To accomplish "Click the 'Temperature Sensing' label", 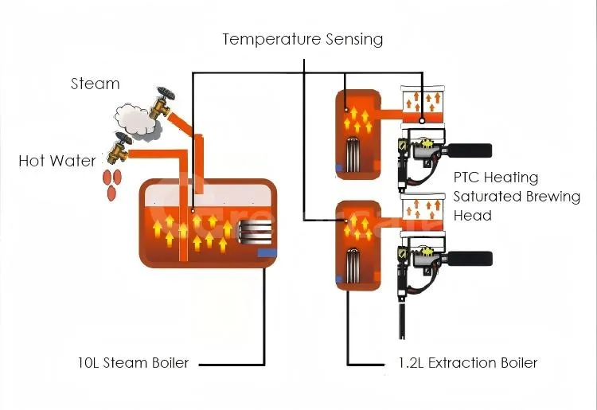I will click(302, 38).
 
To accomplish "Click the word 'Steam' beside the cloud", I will click(95, 84).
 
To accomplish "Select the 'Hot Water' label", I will click(57, 161).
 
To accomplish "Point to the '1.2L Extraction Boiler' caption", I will click(467, 363).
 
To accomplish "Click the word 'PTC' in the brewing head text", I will click(467, 178).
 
